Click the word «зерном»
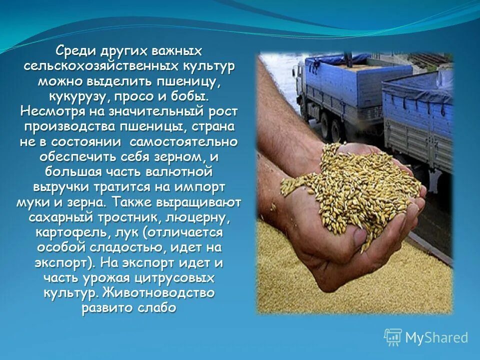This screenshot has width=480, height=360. click(178, 156)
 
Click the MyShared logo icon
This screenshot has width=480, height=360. click(393, 337)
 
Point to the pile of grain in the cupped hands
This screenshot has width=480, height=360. click(350, 185)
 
